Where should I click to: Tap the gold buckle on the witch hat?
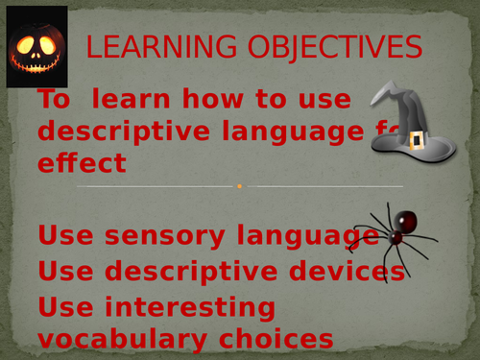coord(418,141)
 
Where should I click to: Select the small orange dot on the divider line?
coord(239,186)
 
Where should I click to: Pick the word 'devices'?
coord(335,272)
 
